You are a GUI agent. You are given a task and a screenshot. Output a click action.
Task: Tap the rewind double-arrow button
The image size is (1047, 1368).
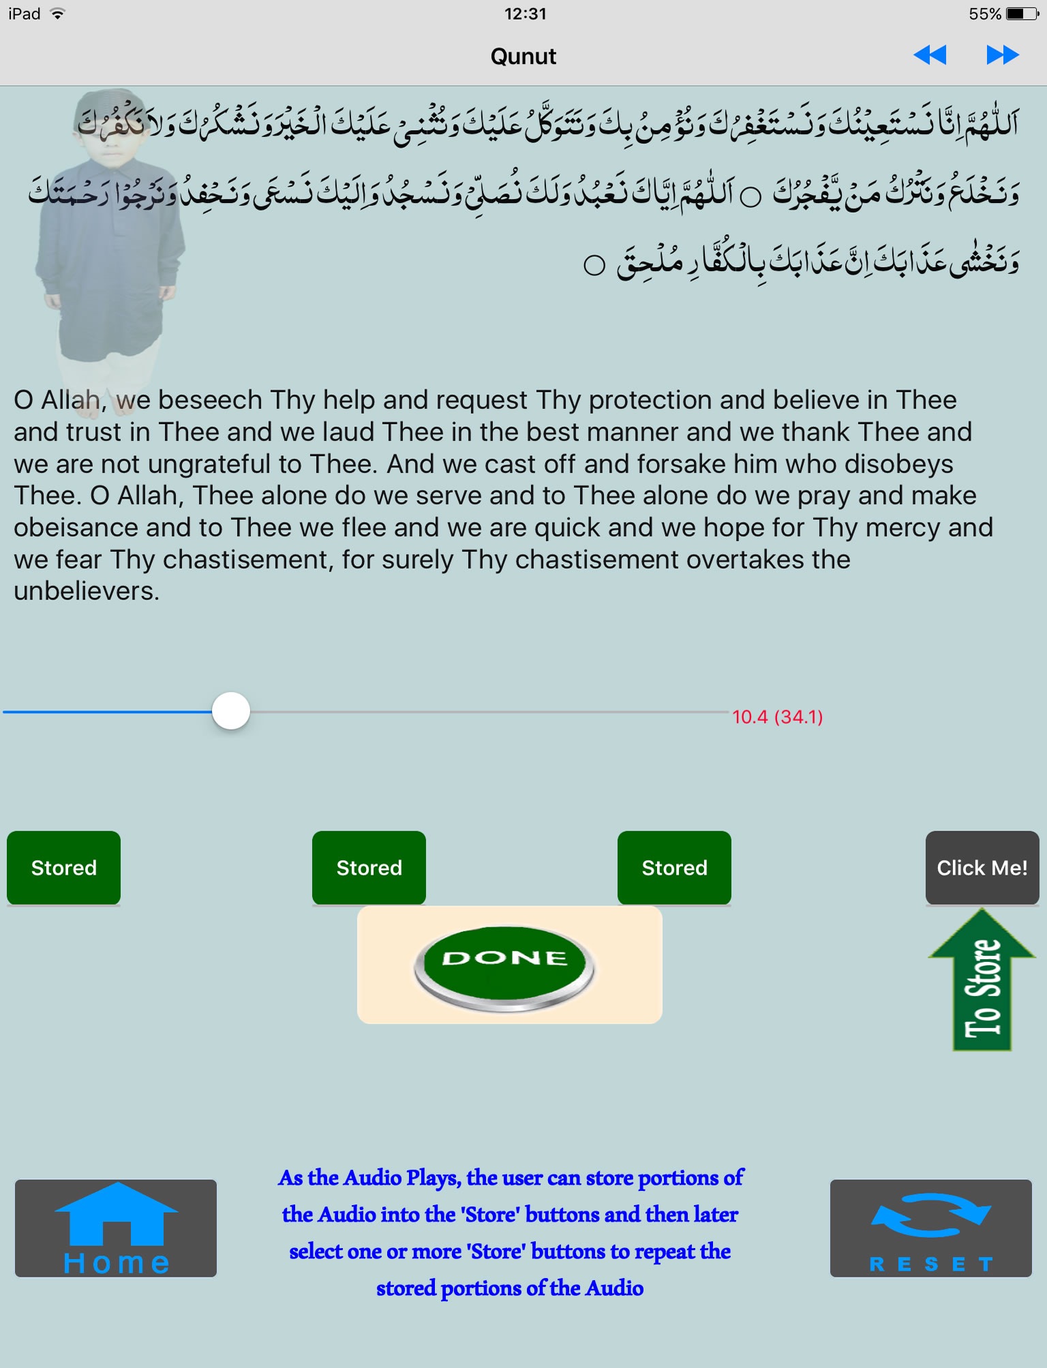(x=930, y=55)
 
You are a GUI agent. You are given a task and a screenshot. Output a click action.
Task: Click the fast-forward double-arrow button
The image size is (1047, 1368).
(x=1002, y=55)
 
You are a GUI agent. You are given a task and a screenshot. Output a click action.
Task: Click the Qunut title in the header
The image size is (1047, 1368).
(x=523, y=57)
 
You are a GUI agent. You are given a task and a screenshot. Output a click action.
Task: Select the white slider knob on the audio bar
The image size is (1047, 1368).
(x=231, y=711)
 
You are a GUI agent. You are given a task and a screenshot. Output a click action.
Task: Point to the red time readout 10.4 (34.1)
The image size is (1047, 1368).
(x=777, y=717)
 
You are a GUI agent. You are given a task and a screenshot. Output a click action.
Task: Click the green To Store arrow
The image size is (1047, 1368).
(x=982, y=981)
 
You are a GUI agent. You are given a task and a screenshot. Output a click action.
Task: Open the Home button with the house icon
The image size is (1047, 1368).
(x=116, y=1228)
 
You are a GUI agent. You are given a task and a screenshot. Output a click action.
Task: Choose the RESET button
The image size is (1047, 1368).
(x=930, y=1228)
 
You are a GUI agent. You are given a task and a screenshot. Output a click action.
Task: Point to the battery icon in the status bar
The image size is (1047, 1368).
(x=1022, y=14)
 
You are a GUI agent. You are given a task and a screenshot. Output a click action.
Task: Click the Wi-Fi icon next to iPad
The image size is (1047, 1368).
(x=58, y=14)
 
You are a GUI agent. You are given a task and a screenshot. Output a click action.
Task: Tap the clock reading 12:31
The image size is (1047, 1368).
(x=525, y=14)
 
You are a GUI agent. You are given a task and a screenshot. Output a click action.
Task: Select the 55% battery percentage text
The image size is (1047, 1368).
(x=984, y=14)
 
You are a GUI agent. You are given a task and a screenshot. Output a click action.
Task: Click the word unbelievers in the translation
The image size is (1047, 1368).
(x=86, y=591)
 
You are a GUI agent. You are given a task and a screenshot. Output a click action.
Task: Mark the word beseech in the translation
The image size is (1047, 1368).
(x=211, y=401)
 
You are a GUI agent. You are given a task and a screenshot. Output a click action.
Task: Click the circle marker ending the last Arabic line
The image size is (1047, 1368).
(x=594, y=265)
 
